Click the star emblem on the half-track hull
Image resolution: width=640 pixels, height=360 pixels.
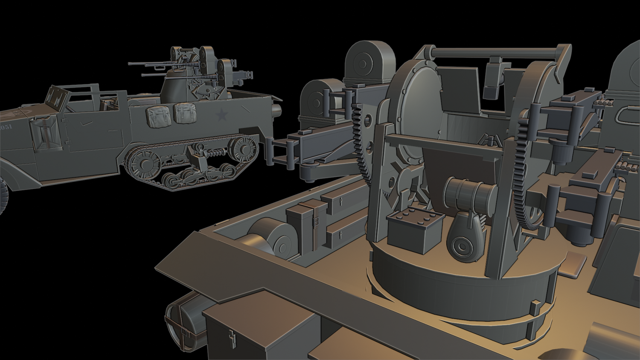pos(221,114)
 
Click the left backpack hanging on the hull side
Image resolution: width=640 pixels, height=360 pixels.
pos(157,116)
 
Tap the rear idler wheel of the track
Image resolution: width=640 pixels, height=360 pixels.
pos(243,149)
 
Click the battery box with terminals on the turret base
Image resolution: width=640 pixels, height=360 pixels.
pos(415,230)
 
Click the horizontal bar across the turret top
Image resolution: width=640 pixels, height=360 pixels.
pos(495,53)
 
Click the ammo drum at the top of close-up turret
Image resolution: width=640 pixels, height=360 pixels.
pos(369,62)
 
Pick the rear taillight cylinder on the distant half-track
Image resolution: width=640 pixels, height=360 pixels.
pos(276,111)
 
